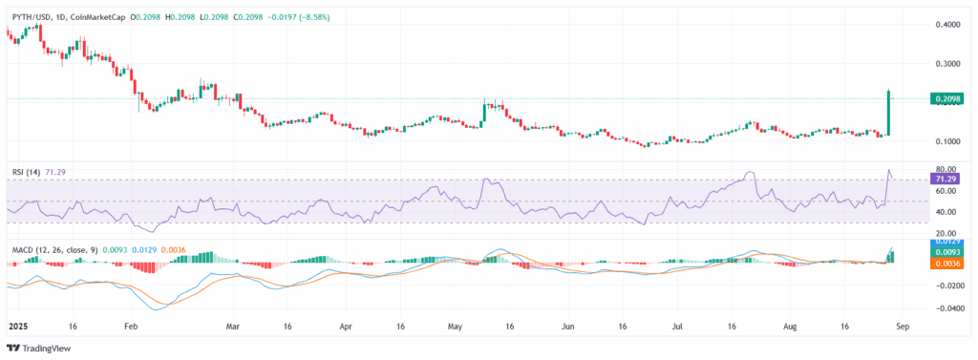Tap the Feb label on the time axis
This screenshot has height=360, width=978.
point(131,326)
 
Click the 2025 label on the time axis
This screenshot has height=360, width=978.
point(19,326)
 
